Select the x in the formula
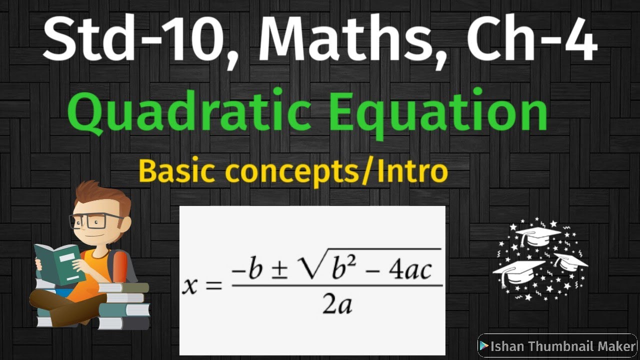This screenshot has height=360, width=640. point(190,285)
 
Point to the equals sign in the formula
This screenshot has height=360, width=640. point(213,286)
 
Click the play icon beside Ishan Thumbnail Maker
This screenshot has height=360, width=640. point(483,346)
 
